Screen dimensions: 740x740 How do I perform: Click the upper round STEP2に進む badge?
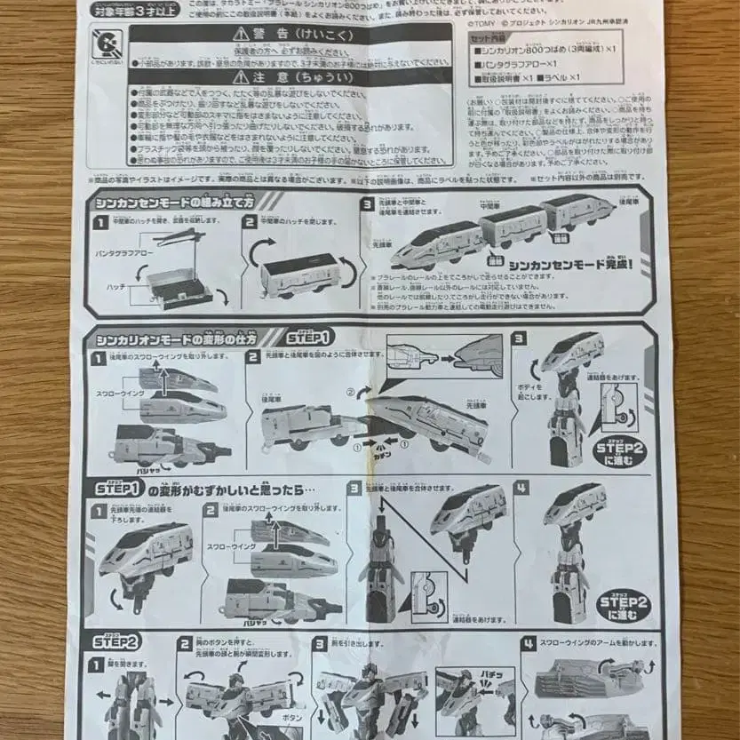[x=620, y=451]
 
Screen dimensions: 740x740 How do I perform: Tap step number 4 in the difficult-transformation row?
[x=521, y=489]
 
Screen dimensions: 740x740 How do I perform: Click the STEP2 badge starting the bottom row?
[x=116, y=641]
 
